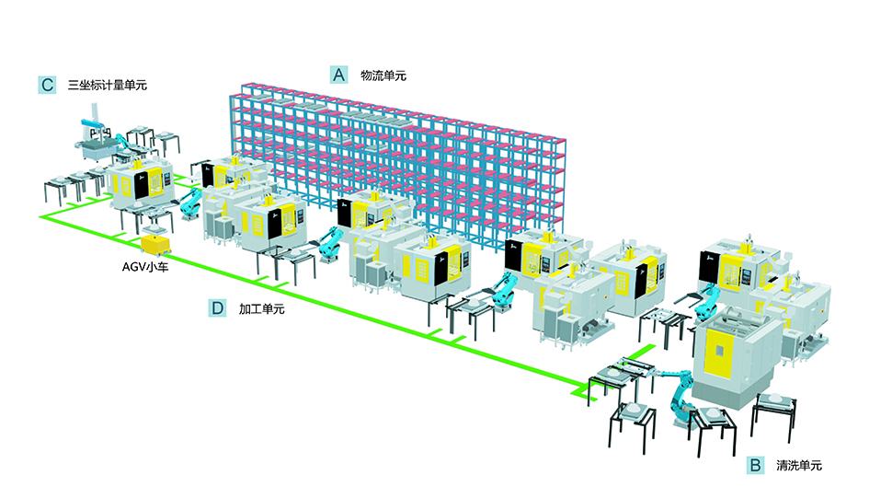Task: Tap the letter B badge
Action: [755, 466]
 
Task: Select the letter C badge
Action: [48, 85]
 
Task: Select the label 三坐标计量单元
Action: [108, 86]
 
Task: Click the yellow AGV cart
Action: [155, 244]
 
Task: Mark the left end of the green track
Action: [42, 218]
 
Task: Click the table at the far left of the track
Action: [55, 184]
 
